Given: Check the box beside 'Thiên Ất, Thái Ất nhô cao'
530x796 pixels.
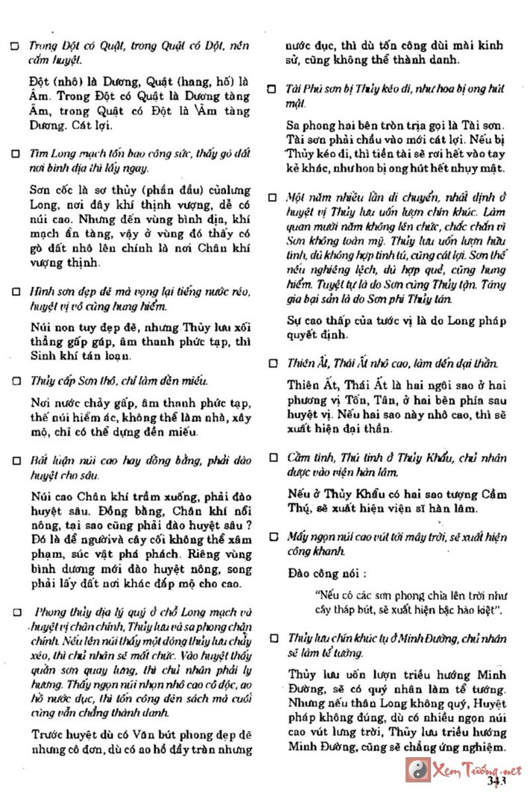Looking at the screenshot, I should [x=273, y=364].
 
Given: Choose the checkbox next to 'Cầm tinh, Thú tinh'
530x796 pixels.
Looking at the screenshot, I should [x=273, y=457].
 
